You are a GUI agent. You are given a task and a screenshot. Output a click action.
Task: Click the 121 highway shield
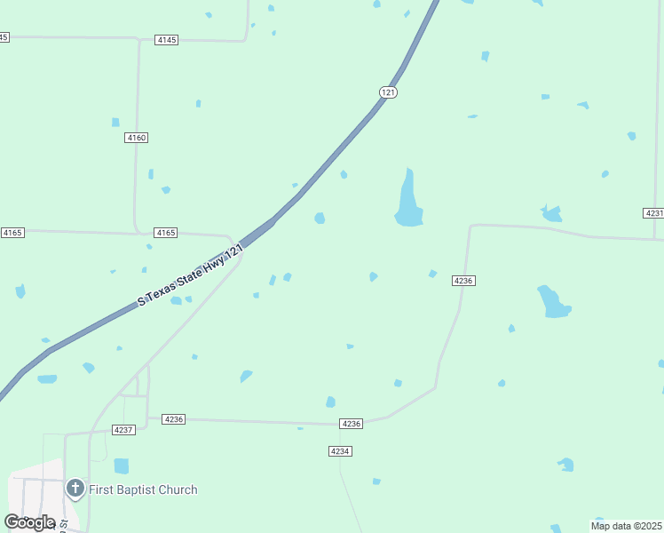388,92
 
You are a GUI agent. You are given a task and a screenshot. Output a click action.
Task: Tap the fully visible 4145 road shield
166,40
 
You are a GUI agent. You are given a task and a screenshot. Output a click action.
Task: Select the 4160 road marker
136,138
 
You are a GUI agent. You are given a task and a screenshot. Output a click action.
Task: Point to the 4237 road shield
123,429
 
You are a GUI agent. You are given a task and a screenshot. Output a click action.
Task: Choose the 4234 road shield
340,451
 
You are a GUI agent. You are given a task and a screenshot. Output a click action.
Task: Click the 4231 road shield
653,213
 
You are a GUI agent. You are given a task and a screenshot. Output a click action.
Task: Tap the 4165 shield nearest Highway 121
166,233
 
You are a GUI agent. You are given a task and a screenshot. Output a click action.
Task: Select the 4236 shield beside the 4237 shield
174,419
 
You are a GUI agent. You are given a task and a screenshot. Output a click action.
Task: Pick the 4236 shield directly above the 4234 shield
352,424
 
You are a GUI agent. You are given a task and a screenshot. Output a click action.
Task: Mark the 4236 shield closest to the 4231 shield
463,280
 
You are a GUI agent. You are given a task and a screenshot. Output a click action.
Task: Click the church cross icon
75,488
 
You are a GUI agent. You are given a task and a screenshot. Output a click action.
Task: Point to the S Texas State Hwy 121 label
190,277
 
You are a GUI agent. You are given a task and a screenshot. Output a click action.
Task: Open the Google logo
29,521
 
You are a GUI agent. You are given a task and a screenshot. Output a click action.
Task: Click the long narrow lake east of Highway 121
408,200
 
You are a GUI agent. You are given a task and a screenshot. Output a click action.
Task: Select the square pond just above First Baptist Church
122,465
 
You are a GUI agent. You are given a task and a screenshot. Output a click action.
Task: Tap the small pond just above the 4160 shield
115,122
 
